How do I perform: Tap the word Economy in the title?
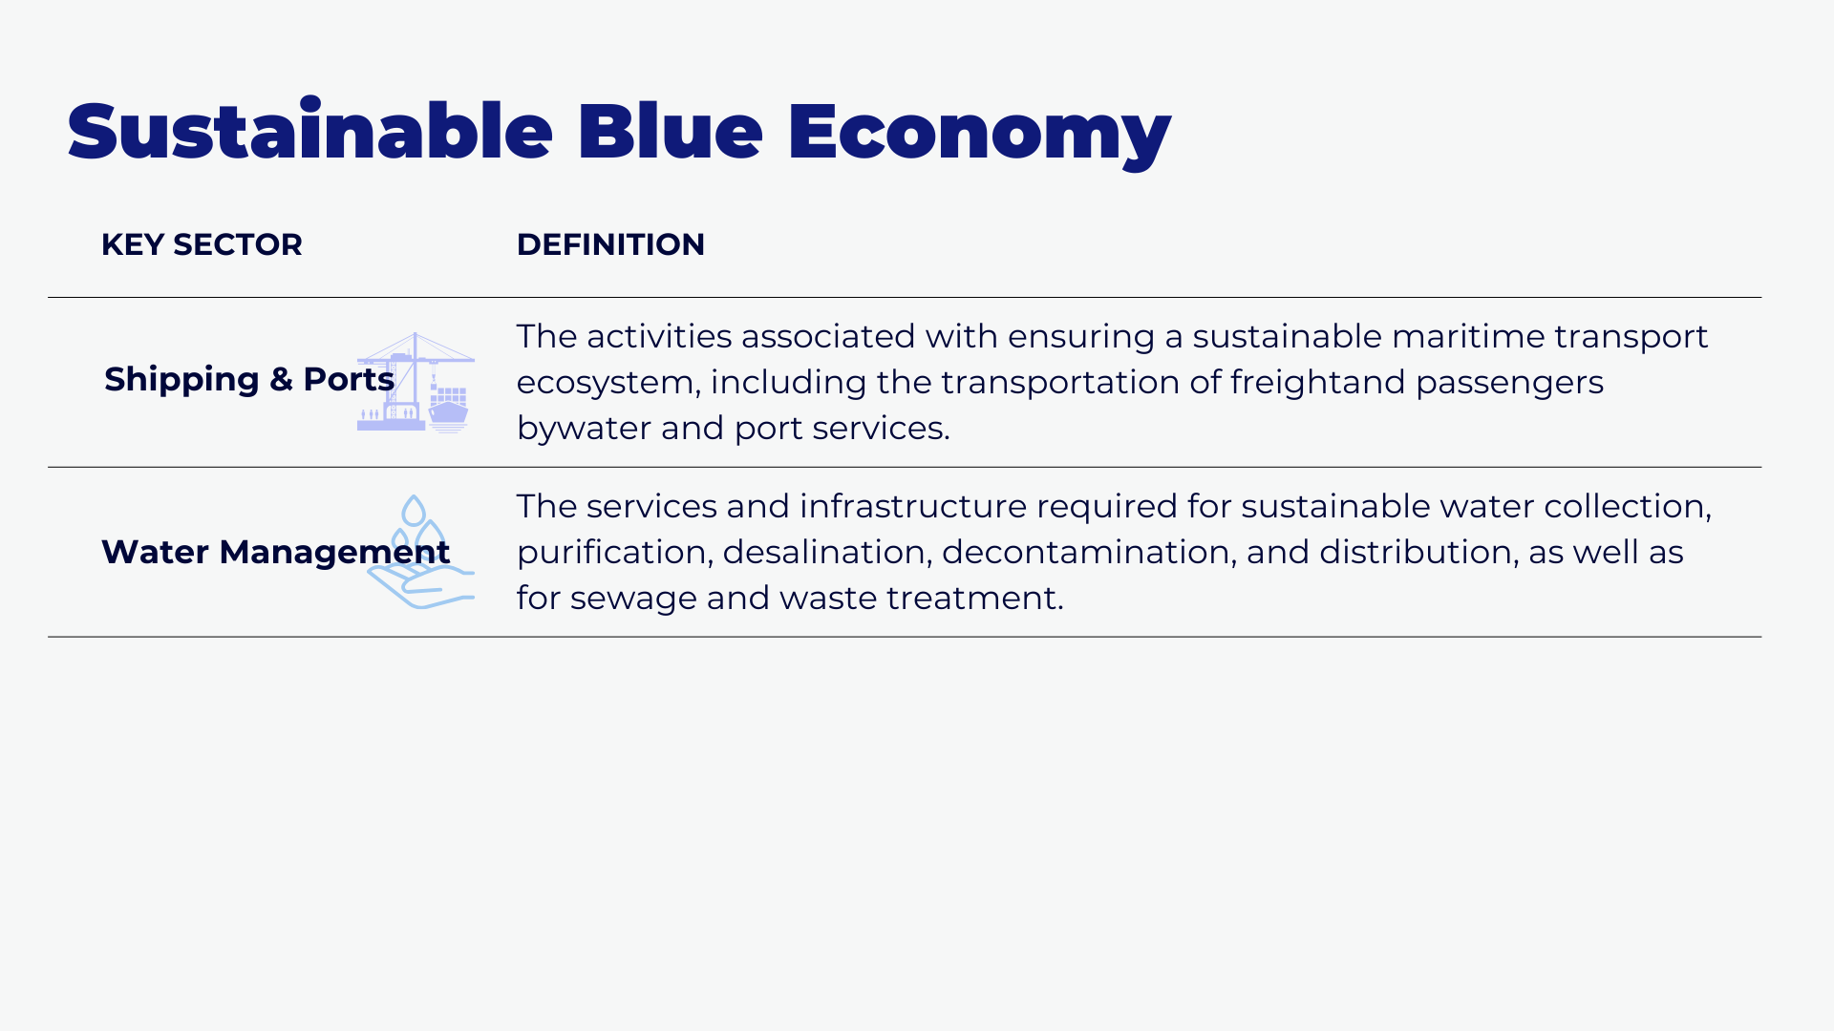(979, 134)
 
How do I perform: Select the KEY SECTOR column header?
(202, 244)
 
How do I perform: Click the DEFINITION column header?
(610, 244)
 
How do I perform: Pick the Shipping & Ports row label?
(249, 379)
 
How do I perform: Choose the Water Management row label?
(275, 552)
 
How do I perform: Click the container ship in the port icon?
(448, 409)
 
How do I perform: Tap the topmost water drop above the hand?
(414, 510)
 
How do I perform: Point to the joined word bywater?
(583, 429)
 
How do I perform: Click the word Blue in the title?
(670, 131)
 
